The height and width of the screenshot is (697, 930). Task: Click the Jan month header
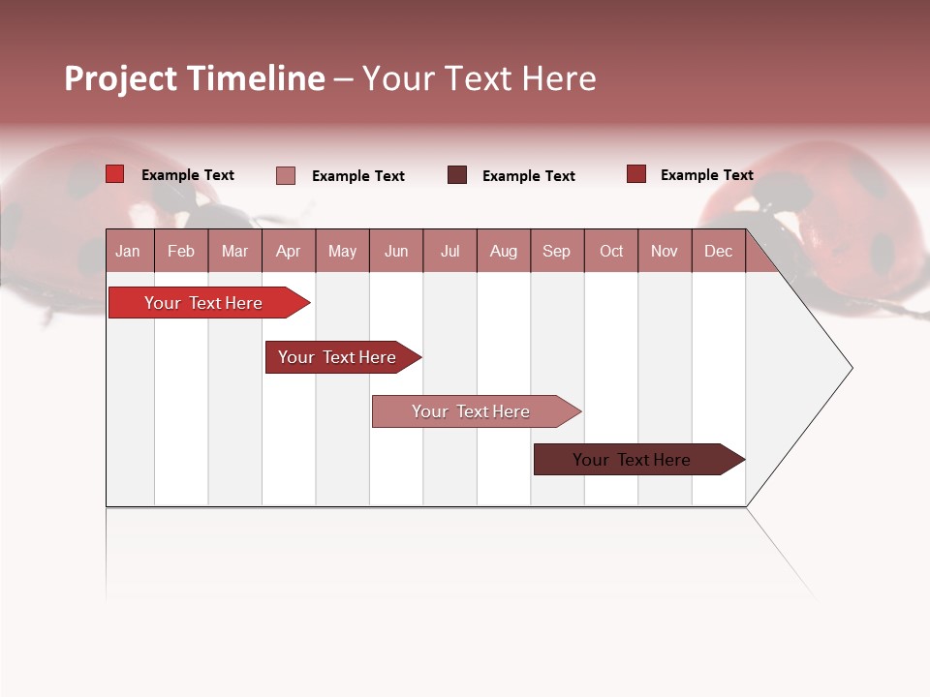click(x=128, y=251)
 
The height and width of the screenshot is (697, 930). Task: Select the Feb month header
click(x=181, y=251)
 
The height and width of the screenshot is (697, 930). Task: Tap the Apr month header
click(x=288, y=251)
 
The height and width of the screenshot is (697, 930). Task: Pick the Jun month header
click(x=396, y=251)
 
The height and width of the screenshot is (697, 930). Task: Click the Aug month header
click(x=503, y=251)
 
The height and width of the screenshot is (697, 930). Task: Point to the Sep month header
click(x=556, y=251)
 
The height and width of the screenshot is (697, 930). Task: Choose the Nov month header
click(x=664, y=251)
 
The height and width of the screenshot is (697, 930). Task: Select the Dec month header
click(x=718, y=251)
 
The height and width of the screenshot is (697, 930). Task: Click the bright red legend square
click(x=115, y=174)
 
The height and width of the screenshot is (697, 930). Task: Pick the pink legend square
click(x=286, y=175)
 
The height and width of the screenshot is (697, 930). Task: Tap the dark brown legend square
click(x=457, y=175)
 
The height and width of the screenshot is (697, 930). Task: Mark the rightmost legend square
click(x=635, y=174)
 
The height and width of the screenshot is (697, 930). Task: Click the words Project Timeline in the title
click(x=195, y=78)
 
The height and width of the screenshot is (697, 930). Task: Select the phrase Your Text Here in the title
click(x=479, y=78)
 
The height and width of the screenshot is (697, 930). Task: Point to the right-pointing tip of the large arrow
click(x=850, y=367)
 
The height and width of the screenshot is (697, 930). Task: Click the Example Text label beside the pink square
click(x=357, y=176)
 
